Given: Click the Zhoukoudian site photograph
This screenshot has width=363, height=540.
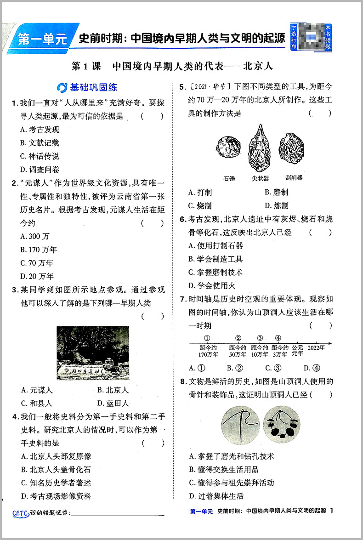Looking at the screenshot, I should point(93,352).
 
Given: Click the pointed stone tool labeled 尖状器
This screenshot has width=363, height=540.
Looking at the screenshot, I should point(260,146).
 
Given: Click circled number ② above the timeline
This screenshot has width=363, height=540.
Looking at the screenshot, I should point(238,338).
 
